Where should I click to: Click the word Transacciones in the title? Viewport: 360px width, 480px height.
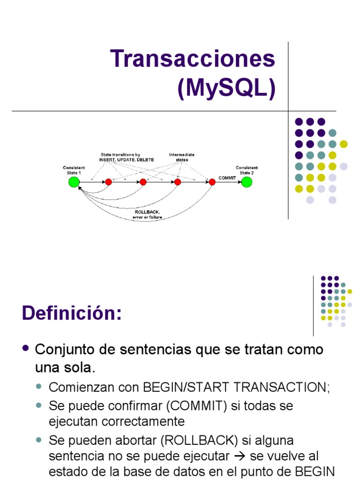[x=193, y=59]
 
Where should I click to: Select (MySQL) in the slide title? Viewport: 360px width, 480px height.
[x=226, y=88]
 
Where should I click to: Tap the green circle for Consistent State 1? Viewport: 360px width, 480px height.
[x=74, y=182]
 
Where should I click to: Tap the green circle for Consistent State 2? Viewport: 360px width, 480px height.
[x=247, y=182]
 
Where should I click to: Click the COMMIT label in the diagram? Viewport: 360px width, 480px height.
[x=227, y=178]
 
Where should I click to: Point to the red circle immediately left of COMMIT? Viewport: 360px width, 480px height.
[x=212, y=182]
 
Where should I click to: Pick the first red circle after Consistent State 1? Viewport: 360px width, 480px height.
[x=108, y=182]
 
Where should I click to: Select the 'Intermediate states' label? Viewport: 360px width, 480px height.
[x=182, y=157]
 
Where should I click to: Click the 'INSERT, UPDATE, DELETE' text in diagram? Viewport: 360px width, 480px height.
[x=127, y=160]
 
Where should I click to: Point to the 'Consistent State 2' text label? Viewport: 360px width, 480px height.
[x=247, y=170]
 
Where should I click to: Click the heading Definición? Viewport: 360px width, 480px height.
[x=72, y=313]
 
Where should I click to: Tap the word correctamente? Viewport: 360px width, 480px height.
[x=117, y=421]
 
